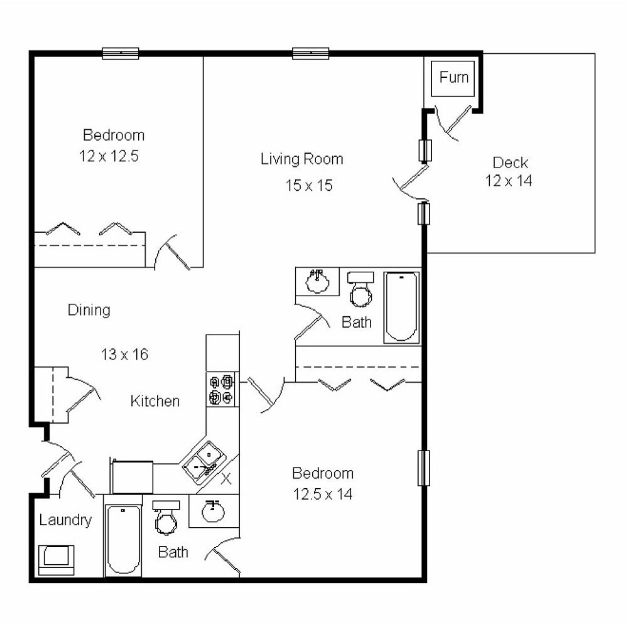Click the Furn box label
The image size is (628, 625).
453,77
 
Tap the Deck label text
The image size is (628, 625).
510,163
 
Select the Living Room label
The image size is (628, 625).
302,159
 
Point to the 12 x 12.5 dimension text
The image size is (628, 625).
109,156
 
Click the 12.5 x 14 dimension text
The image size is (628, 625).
323,494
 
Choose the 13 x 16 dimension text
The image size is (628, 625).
124,355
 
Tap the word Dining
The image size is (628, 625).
89,309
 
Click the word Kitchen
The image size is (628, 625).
155,401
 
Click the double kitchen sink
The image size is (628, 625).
202,462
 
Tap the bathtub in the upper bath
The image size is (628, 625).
402,306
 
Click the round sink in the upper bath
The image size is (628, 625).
318,281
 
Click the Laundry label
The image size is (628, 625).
65,520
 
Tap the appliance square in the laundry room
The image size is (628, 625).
57,558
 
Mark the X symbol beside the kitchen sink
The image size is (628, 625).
227,479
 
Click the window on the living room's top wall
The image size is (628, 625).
311,54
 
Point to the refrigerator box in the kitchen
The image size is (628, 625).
133,477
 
